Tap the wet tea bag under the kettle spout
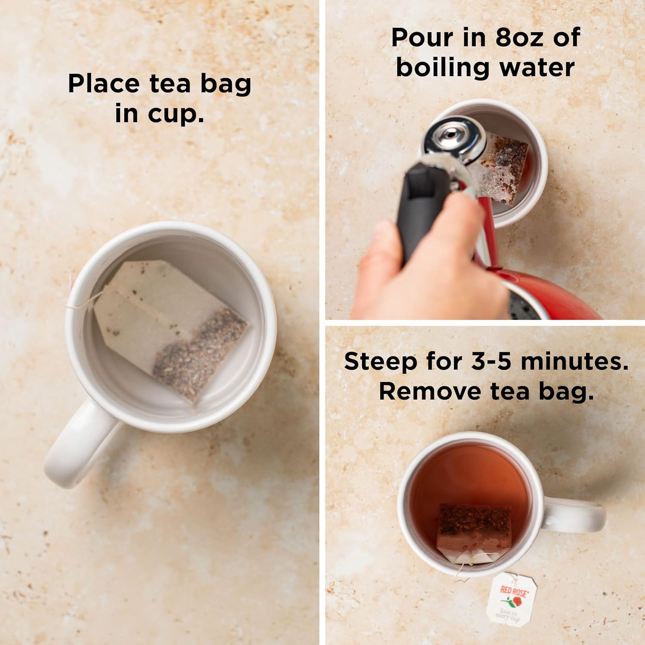pos(503,172)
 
